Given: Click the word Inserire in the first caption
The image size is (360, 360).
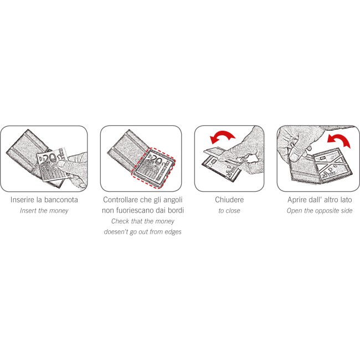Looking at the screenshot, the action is [22, 200].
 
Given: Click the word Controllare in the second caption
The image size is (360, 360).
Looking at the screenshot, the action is [121, 200].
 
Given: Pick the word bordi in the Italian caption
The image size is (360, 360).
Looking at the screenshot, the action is [176, 210].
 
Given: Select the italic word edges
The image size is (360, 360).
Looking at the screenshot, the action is [173, 232].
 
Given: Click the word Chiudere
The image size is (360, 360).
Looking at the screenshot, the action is [229, 200].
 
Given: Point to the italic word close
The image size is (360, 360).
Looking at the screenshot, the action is [233, 210].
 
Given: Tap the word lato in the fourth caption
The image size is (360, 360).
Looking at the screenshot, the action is [346, 200].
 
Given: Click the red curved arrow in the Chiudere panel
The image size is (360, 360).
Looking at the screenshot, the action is [222, 136].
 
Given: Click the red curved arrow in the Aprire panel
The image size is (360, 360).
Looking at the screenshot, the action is [340, 140].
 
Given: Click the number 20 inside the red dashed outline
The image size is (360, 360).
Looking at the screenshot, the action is [156, 161].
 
